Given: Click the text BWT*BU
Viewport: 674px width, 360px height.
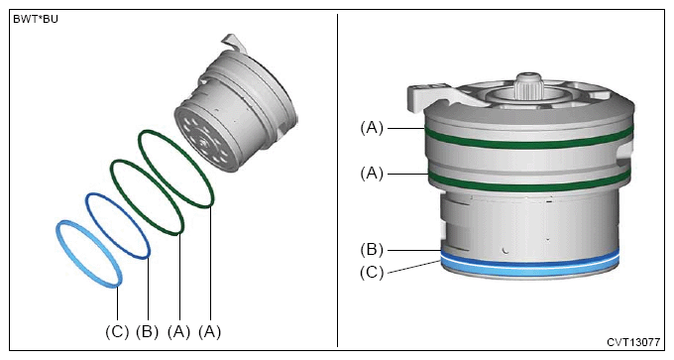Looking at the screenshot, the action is (x=36, y=20).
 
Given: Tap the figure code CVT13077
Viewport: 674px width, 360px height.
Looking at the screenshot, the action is (x=633, y=342).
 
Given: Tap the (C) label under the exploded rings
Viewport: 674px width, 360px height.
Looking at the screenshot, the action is (x=117, y=331).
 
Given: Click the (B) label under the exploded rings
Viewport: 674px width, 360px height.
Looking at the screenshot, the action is (x=148, y=331).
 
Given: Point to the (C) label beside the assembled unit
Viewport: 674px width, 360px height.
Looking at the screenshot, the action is (x=372, y=273).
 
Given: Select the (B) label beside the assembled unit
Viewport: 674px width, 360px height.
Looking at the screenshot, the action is (x=372, y=250).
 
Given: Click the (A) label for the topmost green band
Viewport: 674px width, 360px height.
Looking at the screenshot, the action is (x=372, y=128).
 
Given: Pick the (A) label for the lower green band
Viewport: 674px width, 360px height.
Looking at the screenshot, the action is (x=372, y=174).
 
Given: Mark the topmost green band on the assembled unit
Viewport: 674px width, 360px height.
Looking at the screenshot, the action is (x=528, y=145).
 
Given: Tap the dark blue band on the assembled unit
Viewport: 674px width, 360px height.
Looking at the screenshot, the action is (x=529, y=260).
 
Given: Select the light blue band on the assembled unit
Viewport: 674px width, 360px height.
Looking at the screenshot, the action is (x=529, y=268).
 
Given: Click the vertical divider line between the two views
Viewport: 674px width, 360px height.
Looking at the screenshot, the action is (x=337, y=180).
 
